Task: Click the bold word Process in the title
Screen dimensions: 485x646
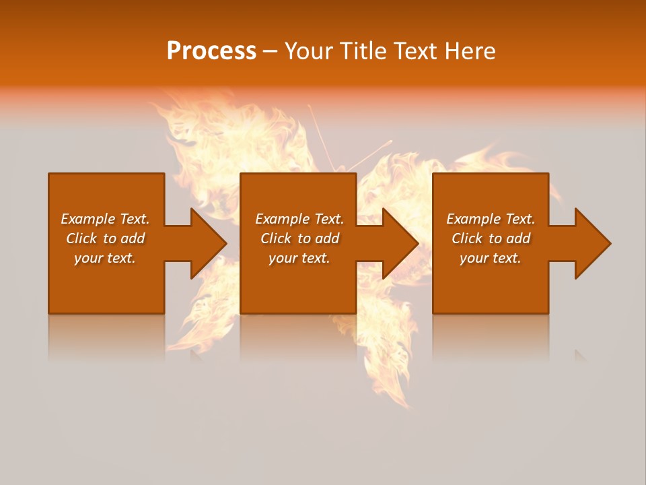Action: [x=211, y=51]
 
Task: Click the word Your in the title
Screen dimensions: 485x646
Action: [x=310, y=51]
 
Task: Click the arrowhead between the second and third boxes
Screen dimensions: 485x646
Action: [x=398, y=243]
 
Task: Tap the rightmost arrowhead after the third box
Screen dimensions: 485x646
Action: [x=591, y=243]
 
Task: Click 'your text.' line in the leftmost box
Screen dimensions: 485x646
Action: [x=105, y=258]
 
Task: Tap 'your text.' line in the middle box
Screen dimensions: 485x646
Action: [x=299, y=258]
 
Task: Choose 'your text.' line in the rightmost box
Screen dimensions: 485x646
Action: [x=491, y=258]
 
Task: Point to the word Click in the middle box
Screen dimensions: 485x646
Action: [x=277, y=238]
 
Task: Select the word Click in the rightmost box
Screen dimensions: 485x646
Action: [x=468, y=238]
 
